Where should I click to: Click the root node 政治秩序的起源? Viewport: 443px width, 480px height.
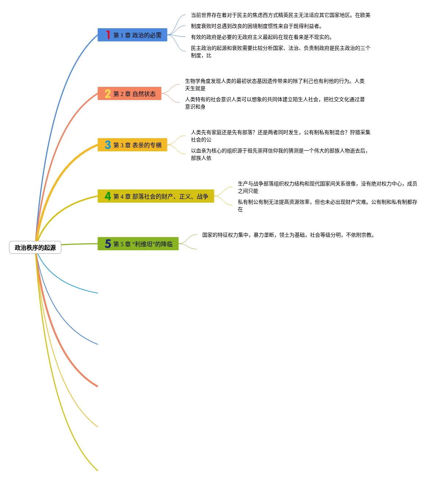click(35, 248)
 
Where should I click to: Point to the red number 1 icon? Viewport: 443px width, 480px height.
click(108, 35)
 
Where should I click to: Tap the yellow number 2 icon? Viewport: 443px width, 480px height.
click(108, 94)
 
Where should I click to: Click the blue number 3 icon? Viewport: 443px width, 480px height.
click(108, 145)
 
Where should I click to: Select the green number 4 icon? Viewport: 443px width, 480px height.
click(108, 196)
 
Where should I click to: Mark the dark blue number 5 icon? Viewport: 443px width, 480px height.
click(108, 244)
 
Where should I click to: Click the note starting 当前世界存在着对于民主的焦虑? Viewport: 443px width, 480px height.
click(280, 15)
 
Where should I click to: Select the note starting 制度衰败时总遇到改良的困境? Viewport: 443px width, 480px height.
click(256, 26)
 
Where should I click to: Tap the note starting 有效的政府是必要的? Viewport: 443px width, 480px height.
click(261, 37)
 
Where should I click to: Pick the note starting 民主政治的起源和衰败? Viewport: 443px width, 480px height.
click(280, 52)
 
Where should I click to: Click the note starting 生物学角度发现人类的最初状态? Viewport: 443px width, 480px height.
click(274, 85)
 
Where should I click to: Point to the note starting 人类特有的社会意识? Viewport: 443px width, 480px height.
click(274, 103)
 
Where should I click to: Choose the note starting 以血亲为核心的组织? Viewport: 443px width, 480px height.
click(279, 154)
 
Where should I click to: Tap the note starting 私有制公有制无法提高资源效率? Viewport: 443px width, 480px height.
click(327, 206)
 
